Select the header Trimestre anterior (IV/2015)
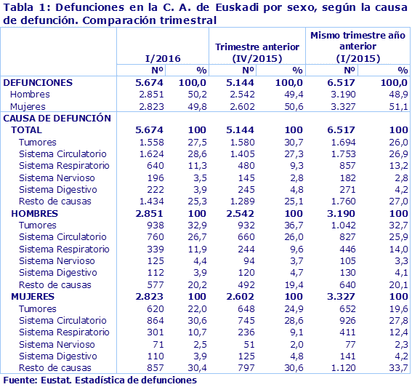(258, 52)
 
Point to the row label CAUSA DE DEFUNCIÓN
(57, 117)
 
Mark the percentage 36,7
(292, 225)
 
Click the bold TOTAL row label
(26, 129)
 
